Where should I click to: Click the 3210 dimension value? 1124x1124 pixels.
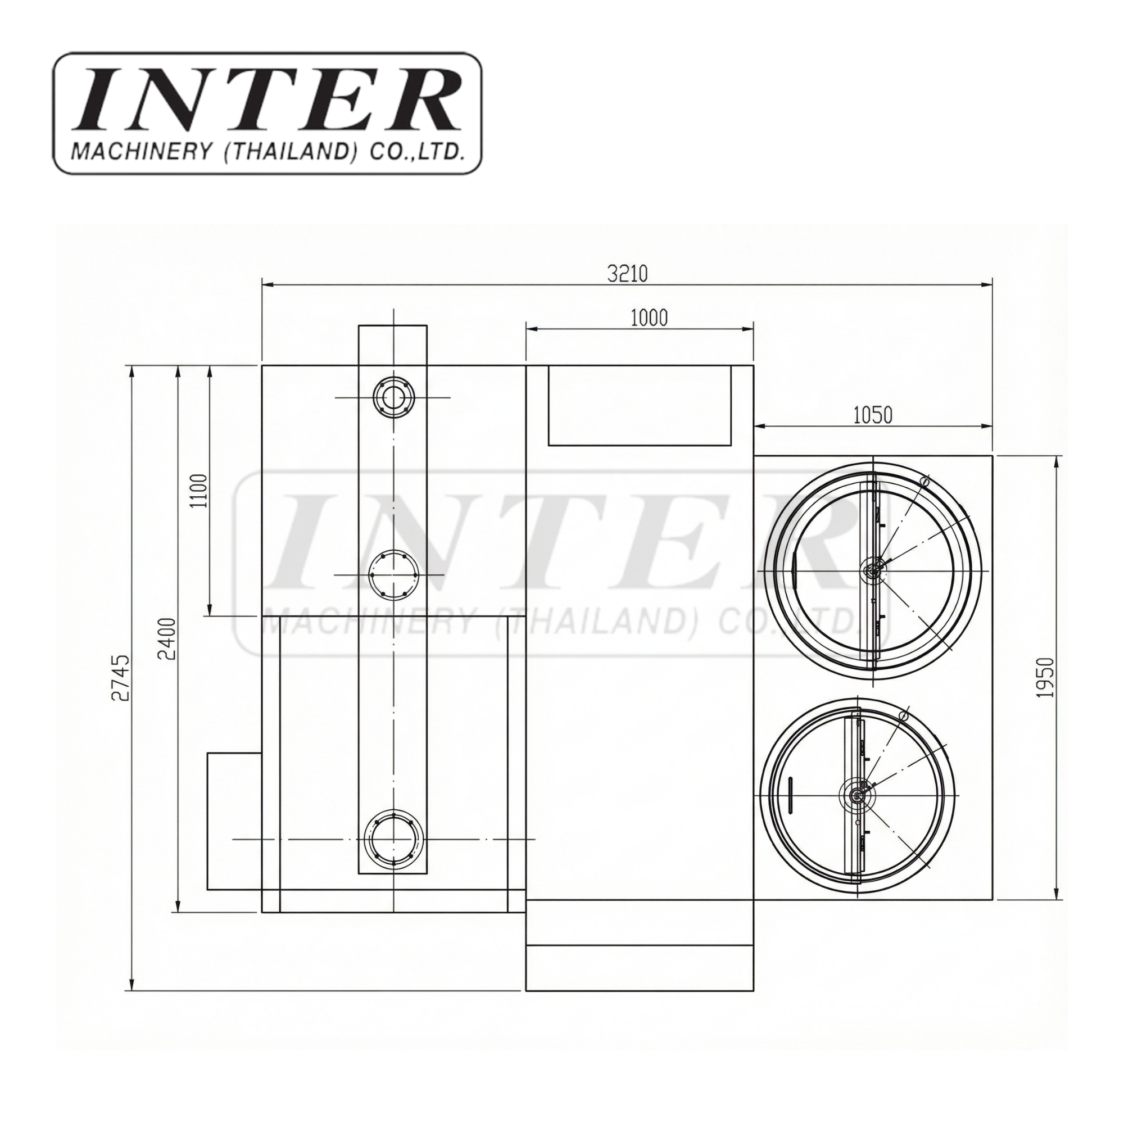(x=627, y=273)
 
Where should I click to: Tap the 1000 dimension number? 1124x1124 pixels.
(x=649, y=318)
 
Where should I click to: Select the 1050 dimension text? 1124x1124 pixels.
(x=873, y=415)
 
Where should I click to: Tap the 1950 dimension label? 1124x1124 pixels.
(x=1045, y=678)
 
